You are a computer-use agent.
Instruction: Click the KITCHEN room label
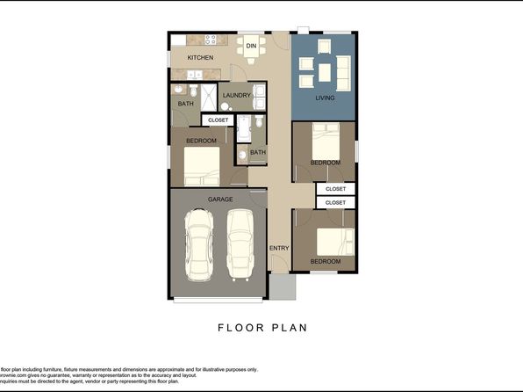[200, 58]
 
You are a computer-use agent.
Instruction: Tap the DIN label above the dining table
[251, 45]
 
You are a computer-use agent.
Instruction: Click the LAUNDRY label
[237, 95]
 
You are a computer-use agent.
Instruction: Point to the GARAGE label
[220, 200]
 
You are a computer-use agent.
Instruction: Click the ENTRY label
[279, 248]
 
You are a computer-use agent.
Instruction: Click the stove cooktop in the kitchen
[211, 40]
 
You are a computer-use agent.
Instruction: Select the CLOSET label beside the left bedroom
[218, 120]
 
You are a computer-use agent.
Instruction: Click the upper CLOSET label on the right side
[335, 189]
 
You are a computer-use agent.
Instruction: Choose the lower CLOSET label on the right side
[335, 202]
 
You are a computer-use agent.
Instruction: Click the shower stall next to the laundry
[210, 95]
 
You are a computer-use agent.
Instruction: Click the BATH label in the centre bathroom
[257, 152]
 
